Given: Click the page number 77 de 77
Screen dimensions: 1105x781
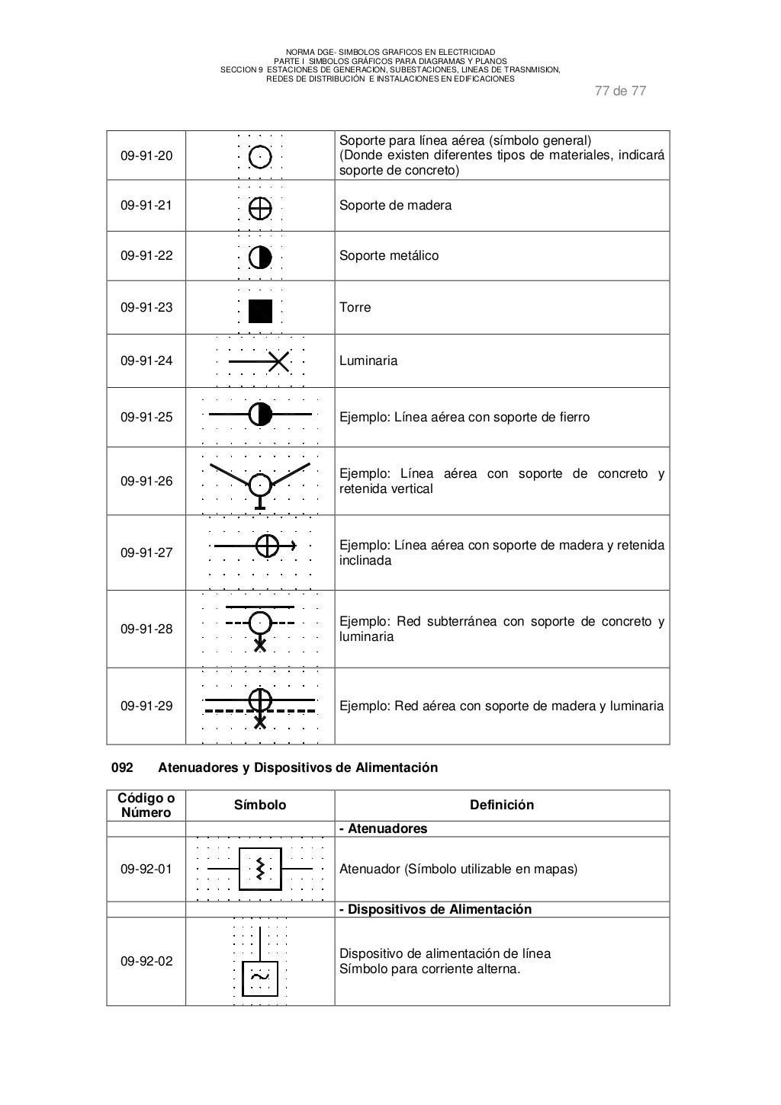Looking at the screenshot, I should [619, 91].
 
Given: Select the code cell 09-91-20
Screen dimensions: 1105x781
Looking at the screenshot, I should [146, 155].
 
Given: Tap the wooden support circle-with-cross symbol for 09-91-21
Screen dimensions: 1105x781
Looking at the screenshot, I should [260, 207].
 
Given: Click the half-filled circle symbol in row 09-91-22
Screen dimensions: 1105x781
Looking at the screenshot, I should [260, 257].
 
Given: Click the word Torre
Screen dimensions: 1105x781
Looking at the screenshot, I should [355, 307].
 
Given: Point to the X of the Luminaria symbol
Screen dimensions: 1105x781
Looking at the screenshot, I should [279, 361].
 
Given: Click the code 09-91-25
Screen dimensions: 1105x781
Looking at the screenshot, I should [146, 417].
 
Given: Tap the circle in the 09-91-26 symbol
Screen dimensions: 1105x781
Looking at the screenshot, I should [260, 484].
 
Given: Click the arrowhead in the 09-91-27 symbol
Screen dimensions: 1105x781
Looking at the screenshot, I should [292, 546].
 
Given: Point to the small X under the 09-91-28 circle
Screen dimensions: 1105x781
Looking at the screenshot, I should [260, 645].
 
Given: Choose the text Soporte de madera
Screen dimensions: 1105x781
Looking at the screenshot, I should [395, 205].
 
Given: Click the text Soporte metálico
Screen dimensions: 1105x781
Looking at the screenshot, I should [388, 255].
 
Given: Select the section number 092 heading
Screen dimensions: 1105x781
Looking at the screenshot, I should [123, 767].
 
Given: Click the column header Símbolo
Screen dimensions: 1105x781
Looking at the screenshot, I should [260, 805].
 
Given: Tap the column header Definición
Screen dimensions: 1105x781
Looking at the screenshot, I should [501, 805].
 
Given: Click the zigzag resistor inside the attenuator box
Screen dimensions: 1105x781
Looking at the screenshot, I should [260, 868].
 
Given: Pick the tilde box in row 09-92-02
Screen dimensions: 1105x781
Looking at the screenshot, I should [260, 978].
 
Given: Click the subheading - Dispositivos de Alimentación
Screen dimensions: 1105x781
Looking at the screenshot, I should [435, 909].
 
